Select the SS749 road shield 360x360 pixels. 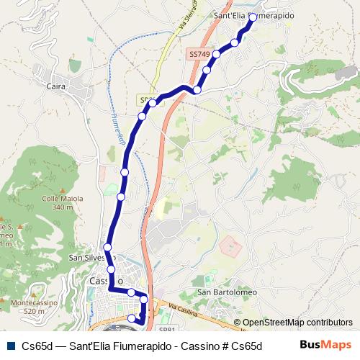[x=199, y=53]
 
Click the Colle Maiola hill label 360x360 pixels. [x=63, y=199]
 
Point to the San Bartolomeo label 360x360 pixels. [x=227, y=292]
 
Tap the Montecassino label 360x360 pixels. [x=33, y=303]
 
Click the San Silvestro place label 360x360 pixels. [x=87, y=257]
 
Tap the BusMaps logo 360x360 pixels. [x=325, y=345]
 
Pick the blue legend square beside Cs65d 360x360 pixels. [x=9, y=345]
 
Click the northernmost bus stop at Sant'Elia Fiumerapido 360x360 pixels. [x=253, y=16]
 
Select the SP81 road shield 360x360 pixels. [x=166, y=329]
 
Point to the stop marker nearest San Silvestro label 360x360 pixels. [x=108, y=248]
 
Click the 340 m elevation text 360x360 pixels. [x=63, y=207]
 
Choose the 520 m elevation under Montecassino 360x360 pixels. [x=33, y=311]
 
